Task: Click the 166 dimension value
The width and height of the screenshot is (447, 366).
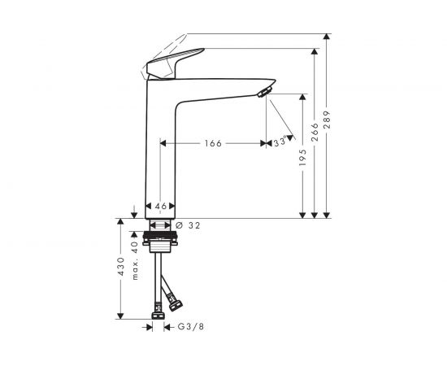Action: pos(213,143)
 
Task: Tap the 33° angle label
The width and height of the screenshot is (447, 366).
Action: pos(280,142)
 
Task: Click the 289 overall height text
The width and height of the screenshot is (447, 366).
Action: pos(327,119)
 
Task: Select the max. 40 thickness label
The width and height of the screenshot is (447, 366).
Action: pos(135,259)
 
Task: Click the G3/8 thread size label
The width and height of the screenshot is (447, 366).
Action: pos(190,328)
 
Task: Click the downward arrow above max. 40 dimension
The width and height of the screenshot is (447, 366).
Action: pos(135,213)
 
